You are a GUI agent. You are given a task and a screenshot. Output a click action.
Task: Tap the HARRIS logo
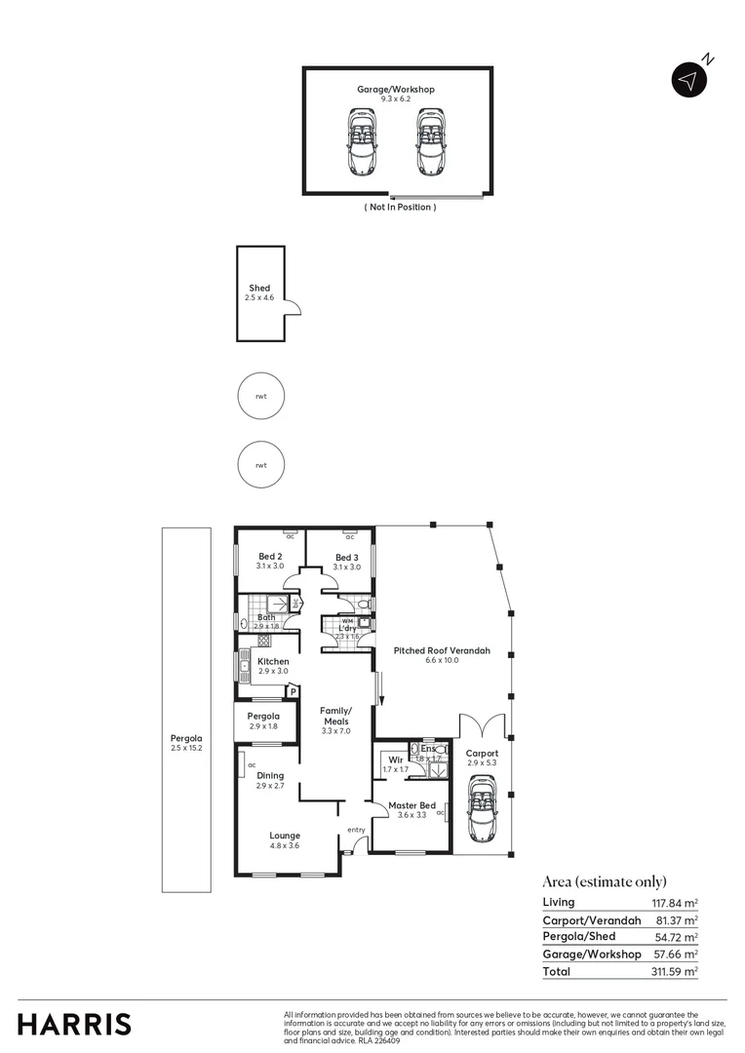tap(74, 1025)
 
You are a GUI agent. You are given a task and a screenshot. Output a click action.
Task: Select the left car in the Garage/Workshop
tap(362, 140)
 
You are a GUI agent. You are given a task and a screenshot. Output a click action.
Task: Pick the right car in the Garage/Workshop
tap(430, 140)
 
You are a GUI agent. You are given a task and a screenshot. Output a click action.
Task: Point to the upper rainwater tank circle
tap(261, 397)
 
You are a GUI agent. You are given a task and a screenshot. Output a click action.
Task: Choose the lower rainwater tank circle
tap(261, 465)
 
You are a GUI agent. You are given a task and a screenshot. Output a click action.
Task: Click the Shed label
tap(259, 289)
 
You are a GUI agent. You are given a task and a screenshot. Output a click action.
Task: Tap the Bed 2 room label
tap(270, 556)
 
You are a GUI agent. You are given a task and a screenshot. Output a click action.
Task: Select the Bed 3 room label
tap(347, 556)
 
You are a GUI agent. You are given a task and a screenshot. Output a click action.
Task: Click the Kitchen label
tap(273, 662)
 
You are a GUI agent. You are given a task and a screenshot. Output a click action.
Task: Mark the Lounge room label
tap(285, 836)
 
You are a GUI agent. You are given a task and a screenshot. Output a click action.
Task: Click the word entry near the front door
tap(355, 831)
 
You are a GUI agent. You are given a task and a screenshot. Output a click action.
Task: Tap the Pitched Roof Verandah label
tap(442, 650)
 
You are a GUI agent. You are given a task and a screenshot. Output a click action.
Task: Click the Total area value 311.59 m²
tap(675, 972)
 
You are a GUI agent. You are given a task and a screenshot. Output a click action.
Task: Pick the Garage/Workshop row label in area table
tap(592, 955)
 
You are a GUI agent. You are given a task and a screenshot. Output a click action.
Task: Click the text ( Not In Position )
tap(400, 208)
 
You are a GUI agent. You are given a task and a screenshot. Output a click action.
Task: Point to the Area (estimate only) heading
tap(605, 881)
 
